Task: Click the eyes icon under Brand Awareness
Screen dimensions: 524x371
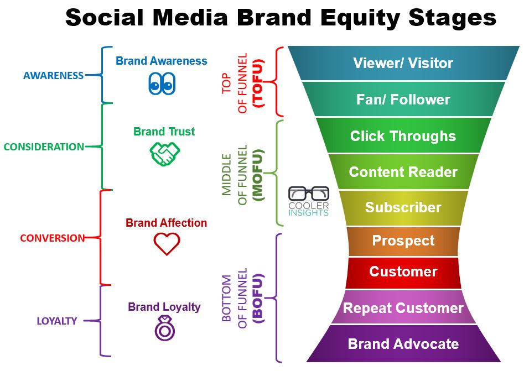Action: pyautogui.click(x=162, y=83)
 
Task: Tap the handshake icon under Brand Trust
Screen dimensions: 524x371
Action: pyautogui.click(x=165, y=154)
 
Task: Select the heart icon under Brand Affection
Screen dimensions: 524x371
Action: pyautogui.click(x=167, y=244)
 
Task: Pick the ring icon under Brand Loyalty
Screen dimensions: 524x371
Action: pyautogui.click(x=165, y=328)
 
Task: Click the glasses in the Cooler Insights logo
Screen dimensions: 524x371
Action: pyautogui.click(x=308, y=194)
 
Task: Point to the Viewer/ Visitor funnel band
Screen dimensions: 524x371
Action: pyautogui.click(x=403, y=63)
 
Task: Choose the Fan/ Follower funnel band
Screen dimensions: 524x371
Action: pyautogui.click(x=403, y=99)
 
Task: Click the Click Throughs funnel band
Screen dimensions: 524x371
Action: pyautogui.click(x=403, y=135)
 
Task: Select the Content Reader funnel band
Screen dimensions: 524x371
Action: pyautogui.click(x=403, y=172)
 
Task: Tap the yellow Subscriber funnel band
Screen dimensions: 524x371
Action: pyautogui.click(x=403, y=207)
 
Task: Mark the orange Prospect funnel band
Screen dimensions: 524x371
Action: pyautogui.click(x=403, y=241)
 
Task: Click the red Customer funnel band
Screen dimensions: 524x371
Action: pyautogui.click(x=403, y=272)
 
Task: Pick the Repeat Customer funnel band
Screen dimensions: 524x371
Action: pyautogui.click(x=403, y=307)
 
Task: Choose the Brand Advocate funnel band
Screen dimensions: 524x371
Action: pyautogui.click(x=403, y=343)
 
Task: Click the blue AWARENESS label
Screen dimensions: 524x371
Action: pyautogui.click(x=54, y=75)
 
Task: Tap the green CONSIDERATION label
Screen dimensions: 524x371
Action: pyautogui.click(x=44, y=147)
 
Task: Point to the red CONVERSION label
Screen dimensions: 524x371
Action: pyautogui.click(x=53, y=238)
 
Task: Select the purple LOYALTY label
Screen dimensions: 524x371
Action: pyautogui.click(x=57, y=321)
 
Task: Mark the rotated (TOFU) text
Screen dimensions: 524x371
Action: pyautogui.click(x=258, y=83)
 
